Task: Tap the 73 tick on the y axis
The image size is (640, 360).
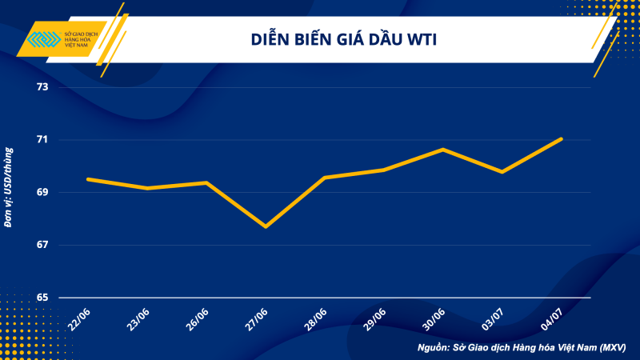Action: coord(42,86)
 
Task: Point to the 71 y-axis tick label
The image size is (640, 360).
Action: coord(42,139)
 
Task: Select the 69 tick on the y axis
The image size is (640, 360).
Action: coord(42,192)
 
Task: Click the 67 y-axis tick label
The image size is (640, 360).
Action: coord(42,245)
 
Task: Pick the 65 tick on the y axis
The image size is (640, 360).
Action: coord(42,298)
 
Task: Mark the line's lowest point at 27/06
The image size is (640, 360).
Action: coord(266,226)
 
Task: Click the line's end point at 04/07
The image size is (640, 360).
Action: coord(562,138)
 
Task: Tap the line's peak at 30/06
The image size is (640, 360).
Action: coord(443,150)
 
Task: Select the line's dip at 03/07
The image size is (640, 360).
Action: coord(502,172)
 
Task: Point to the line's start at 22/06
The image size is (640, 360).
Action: coord(88,179)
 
